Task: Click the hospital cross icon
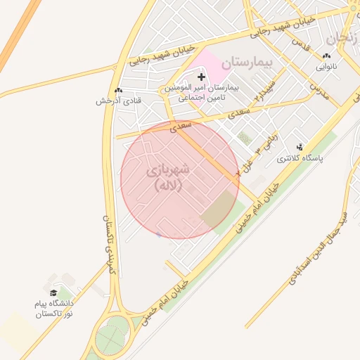(x=201, y=76)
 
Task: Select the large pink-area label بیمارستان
(x=246, y=63)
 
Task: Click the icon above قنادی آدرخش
(x=118, y=90)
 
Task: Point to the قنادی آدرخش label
(x=119, y=101)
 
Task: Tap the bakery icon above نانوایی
(x=326, y=56)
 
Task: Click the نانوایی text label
(x=326, y=67)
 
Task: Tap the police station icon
(x=300, y=148)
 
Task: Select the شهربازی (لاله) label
(x=169, y=178)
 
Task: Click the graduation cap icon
(x=53, y=292)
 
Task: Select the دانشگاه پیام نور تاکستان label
(x=55, y=307)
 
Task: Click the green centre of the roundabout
(x=112, y=339)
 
